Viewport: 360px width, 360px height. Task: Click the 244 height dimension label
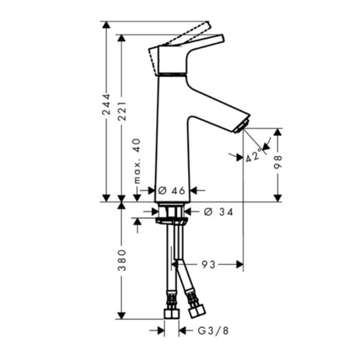click(x=106, y=104)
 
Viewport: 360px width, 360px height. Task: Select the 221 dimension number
click(x=122, y=111)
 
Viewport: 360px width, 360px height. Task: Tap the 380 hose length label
click(x=122, y=260)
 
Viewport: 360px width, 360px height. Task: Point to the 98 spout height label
click(x=278, y=162)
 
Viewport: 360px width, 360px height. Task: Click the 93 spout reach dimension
click(x=208, y=265)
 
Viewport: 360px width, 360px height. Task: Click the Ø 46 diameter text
click(x=171, y=191)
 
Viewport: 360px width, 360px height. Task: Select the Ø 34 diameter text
click(x=219, y=212)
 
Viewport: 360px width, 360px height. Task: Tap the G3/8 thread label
click(x=213, y=331)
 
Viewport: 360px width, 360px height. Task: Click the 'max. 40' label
click(x=137, y=161)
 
